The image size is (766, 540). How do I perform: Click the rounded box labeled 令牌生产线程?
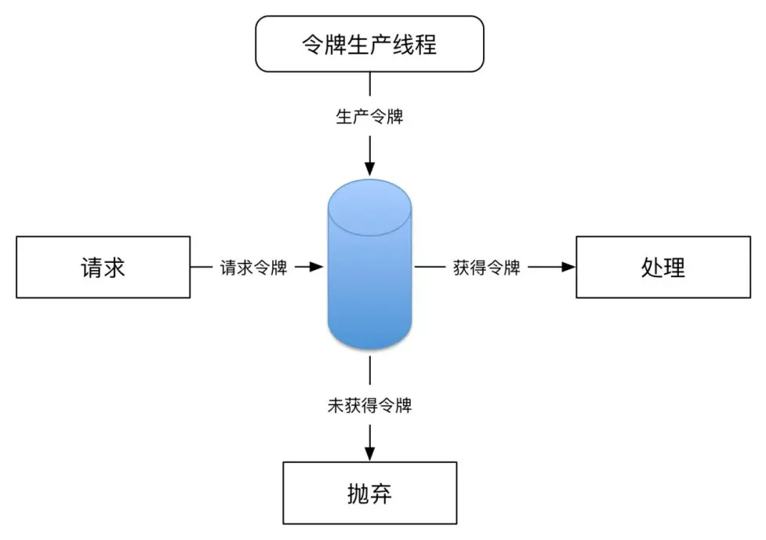pos(369,43)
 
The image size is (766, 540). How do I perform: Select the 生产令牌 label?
pos(369,118)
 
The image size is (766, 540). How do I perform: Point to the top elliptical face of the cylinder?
pos(369,200)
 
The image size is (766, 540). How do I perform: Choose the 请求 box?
pos(103,268)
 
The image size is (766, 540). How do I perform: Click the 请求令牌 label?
pos(252,268)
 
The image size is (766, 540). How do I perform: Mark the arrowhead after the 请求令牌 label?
pos(316,268)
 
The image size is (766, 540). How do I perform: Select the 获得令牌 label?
pos(487,268)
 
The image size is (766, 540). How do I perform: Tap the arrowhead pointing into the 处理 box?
pos(568,268)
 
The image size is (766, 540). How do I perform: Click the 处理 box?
pos(663,268)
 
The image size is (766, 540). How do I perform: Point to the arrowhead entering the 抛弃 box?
pos(369,453)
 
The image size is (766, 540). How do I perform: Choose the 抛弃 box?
pos(369,493)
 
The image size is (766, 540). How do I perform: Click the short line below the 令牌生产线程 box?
pos(369,84)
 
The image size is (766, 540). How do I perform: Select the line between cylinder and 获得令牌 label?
pos(429,268)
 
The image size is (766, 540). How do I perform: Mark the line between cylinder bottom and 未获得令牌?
pos(369,369)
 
